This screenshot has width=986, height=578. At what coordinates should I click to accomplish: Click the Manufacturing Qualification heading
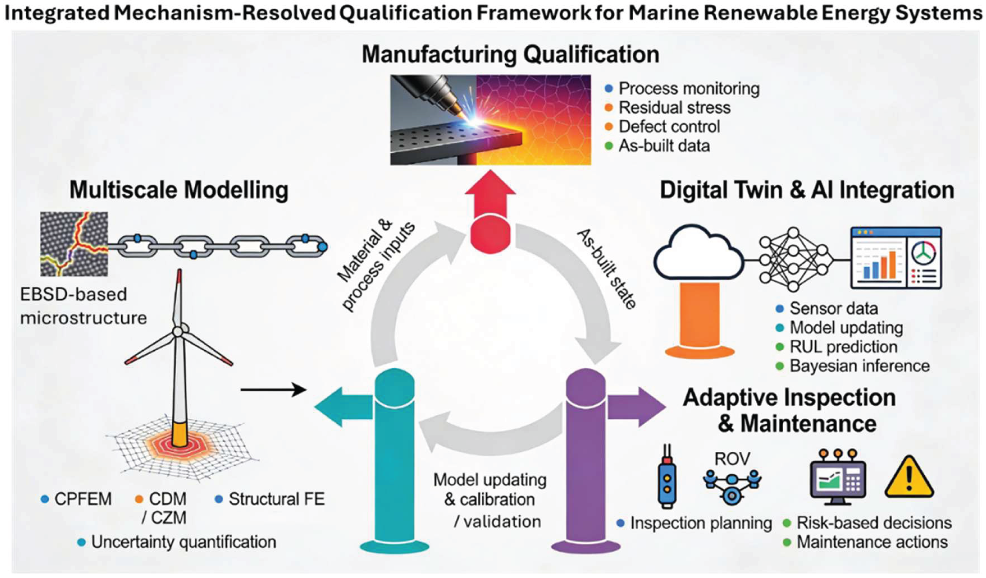point(510,55)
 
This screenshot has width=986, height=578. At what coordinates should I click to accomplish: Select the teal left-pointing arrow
point(343,407)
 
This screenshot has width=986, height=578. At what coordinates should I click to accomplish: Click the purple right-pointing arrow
point(636,407)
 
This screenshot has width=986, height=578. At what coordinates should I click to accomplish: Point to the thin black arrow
point(273,389)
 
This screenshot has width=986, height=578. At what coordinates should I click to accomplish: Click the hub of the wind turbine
point(178,331)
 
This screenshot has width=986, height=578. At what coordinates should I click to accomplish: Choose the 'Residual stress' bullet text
point(674,107)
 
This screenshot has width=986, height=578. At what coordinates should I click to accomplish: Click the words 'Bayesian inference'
point(859,366)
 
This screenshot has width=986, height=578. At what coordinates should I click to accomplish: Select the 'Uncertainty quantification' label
point(183,542)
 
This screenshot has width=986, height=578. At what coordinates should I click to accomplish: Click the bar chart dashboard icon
point(896,258)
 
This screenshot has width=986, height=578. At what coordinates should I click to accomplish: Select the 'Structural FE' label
point(276,499)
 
